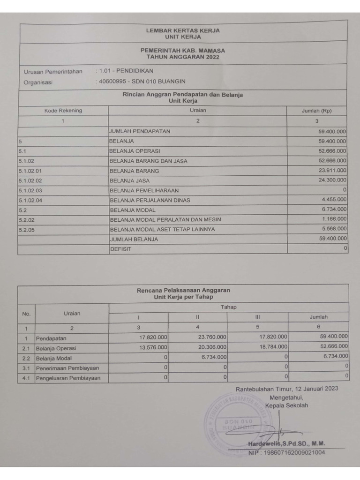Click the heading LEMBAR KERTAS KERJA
pyautogui.click(x=182, y=30)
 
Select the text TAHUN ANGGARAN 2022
pyautogui.click(x=182, y=57)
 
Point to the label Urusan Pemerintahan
pyautogui.click(x=53, y=72)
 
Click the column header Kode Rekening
pyautogui.click(x=63, y=111)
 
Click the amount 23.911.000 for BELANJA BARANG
pyautogui.click(x=332, y=171)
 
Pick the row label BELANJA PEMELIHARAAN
pyautogui.click(x=144, y=190)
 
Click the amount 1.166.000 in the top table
pyautogui.click(x=334, y=219)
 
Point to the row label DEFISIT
pyautogui.click(x=120, y=249)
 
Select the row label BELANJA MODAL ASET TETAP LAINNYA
pyautogui.click(x=162, y=229)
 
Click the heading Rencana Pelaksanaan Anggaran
pyautogui.click(x=183, y=290)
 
